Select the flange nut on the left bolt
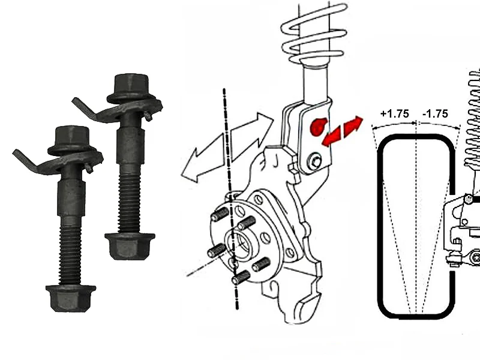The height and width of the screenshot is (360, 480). [x=71, y=298]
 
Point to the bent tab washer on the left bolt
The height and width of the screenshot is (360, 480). [x=58, y=161]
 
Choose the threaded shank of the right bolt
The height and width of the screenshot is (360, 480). [x=130, y=199]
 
